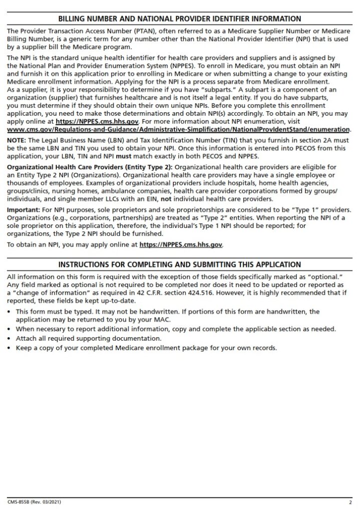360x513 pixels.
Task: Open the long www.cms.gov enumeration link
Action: point(179,129)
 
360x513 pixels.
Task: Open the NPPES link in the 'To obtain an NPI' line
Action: point(181,245)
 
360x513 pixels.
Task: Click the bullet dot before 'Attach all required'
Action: point(10,339)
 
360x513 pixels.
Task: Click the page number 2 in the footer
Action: point(350,502)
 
